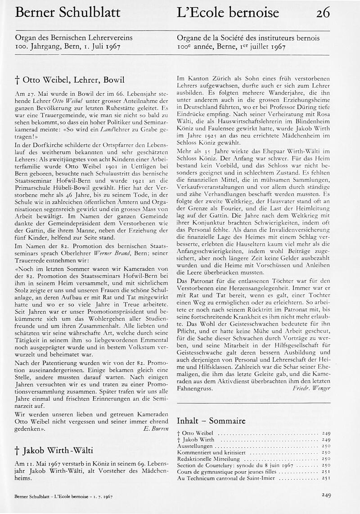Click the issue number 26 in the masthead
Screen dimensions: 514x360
(323, 13)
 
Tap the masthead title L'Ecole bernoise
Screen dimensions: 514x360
(228, 13)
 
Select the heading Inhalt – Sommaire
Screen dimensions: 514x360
(211, 421)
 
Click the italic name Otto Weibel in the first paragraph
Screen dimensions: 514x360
(67, 101)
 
